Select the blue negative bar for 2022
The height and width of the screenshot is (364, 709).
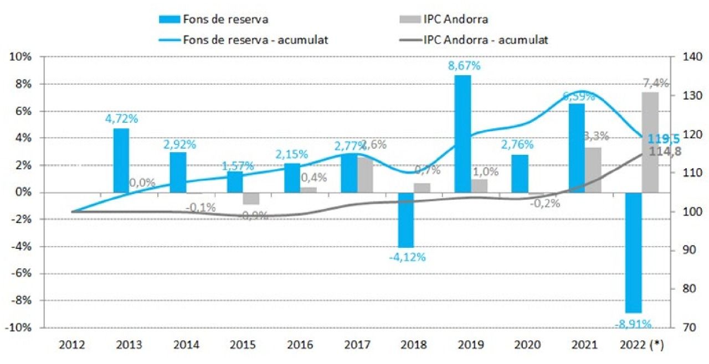click(633, 252)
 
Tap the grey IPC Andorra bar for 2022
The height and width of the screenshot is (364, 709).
click(650, 142)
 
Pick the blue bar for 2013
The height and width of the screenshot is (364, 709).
click(121, 160)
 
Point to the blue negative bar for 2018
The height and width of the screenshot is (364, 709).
click(405, 220)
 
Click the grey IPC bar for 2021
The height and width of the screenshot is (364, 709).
click(593, 170)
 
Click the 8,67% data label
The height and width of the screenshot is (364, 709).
click(464, 66)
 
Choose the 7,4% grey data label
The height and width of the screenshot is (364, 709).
click(655, 84)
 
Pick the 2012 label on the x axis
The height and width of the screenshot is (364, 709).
click(71, 345)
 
